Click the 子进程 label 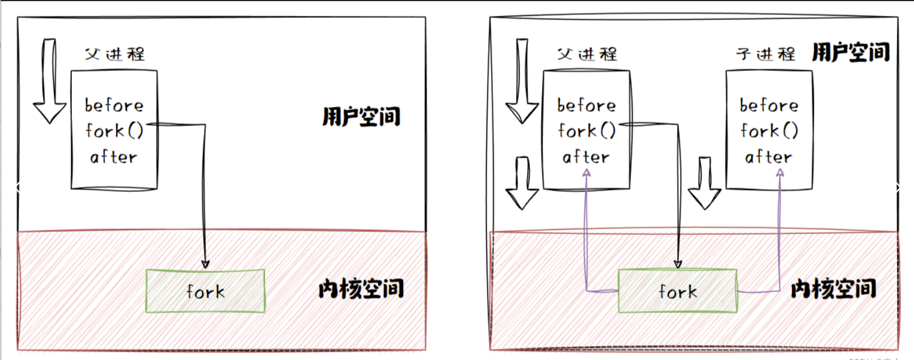click(766, 54)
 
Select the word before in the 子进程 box click(769, 106)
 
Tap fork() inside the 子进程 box click(769, 131)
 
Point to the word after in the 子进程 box click(769, 157)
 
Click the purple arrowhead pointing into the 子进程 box click(781, 172)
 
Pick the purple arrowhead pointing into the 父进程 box click(587, 172)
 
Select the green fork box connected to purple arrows click(677, 291)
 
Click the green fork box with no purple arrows click(205, 291)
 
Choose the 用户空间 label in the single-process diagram click(361, 116)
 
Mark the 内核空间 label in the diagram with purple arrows click(833, 289)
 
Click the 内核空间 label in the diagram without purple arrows click(361, 289)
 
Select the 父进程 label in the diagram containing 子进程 click(587, 54)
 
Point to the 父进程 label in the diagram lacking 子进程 click(115, 54)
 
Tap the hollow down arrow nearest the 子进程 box click(704, 182)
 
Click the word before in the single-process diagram click(114, 106)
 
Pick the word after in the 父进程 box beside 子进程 click(586, 157)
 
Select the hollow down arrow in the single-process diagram click(50, 81)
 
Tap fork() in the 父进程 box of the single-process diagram click(114, 131)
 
